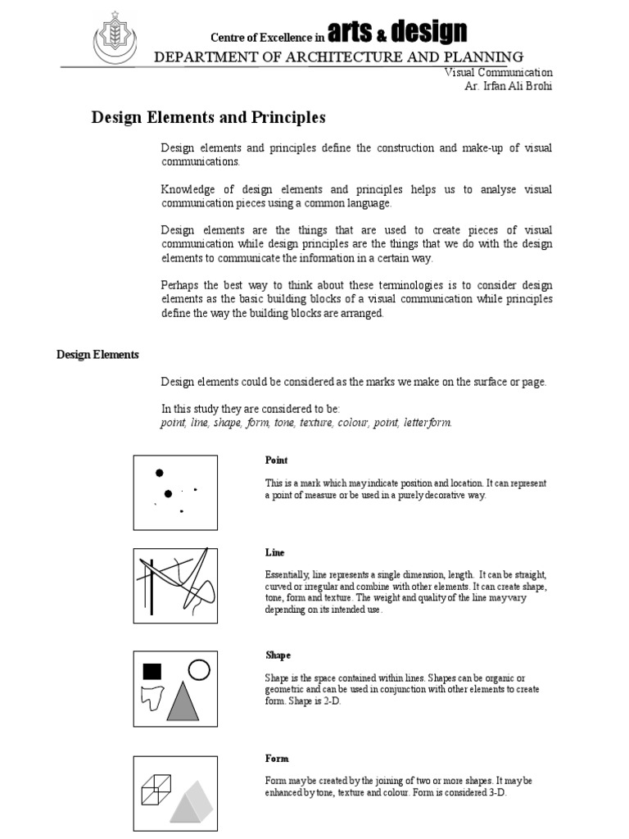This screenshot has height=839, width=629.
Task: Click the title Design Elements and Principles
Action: pyautogui.click(x=207, y=118)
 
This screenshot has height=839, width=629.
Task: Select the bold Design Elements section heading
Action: pyautogui.click(x=97, y=355)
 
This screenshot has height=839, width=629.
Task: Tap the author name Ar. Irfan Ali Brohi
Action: pyautogui.click(x=509, y=86)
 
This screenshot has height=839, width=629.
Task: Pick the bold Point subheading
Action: pyautogui.click(x=276, y=460)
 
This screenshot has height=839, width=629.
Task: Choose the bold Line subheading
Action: pyautogui.click(x=274, y=553)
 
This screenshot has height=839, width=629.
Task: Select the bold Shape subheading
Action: pyautogui.click(x=278, y=655)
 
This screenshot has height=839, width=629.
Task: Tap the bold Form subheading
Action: pyautogui.click(x=276, y=759)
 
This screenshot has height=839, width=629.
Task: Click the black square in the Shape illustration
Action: pyautogui.click(x=152, y=672)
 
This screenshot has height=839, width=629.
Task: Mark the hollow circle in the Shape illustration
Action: pyautogui.click(x=198, y=670)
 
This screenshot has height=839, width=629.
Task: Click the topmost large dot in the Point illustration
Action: pyautogui.click(x=160, y=473)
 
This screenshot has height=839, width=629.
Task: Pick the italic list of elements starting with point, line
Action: pyautogui.click(x=305, y=423)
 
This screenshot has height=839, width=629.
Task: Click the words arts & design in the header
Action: pyautogui.click(x=396, y=33)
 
